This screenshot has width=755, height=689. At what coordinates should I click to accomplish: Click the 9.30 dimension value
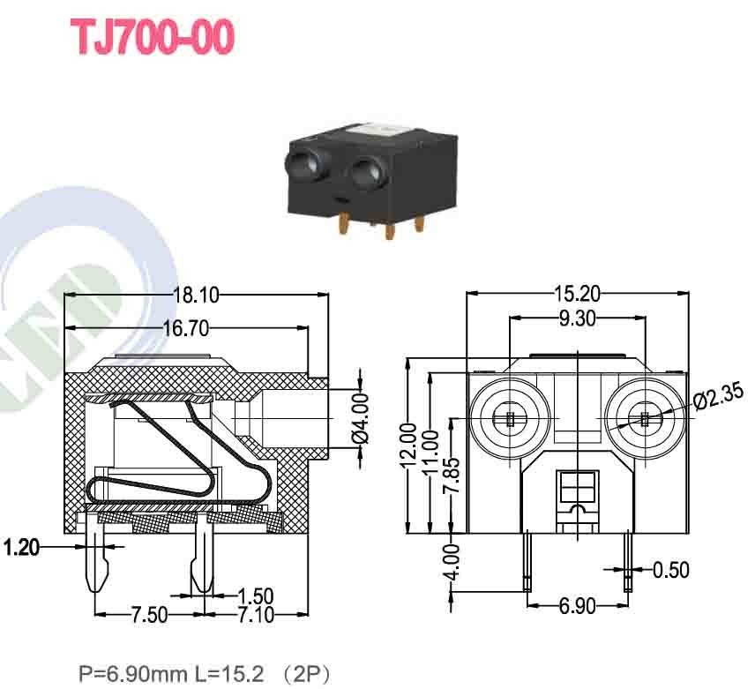(577, 318)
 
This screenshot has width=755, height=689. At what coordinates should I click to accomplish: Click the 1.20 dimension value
(21, 548)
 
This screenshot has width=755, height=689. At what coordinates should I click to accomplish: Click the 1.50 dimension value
(255, 595)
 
